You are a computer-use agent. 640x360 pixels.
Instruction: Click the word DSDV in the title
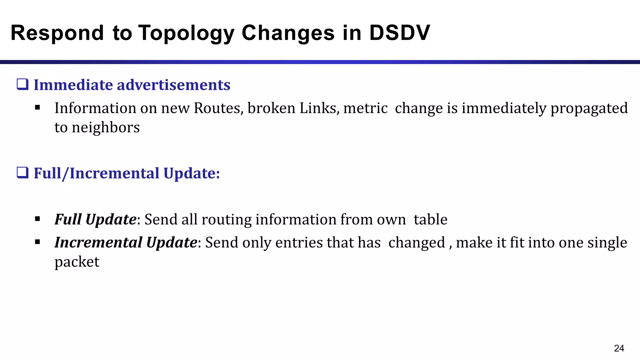[399, 33]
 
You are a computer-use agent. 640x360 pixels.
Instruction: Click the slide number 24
[619, 348]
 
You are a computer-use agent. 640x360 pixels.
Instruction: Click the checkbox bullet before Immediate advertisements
[23, 85]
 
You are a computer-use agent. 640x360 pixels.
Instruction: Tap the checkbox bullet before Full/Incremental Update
[23, 173]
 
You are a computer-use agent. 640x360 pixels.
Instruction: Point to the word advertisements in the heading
[173, 85]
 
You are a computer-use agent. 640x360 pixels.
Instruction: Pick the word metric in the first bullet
[365, 108]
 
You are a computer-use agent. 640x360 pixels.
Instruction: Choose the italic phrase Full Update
[95, 219]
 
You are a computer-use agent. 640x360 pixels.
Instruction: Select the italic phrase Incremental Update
[126, 242]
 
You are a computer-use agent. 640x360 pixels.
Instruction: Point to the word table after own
[430, 219]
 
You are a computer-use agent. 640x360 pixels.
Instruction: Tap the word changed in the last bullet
[417, 243]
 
